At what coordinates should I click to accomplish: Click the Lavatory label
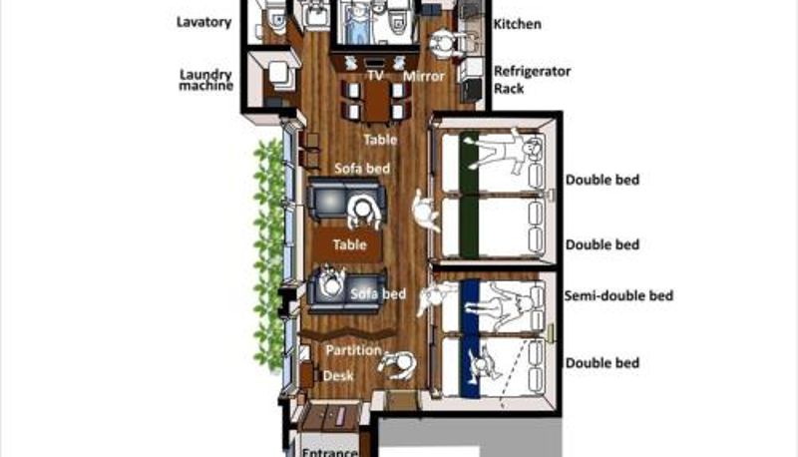point(204,22)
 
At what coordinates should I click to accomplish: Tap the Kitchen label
point(517,24)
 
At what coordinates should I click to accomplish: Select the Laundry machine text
point(206,80)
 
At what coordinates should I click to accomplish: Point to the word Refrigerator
point(532,71)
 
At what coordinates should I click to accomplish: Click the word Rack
point(509,89)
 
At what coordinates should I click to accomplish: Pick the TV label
point(376,76)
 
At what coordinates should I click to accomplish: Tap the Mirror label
point(424,77)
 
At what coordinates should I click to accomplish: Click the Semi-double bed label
point(618,295)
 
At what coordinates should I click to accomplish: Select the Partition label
point(353,350)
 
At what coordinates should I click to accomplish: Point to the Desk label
point(338,375)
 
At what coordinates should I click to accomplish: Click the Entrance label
point(330,452)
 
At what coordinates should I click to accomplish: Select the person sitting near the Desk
point(398,365)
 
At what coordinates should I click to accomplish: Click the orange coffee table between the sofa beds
point(347,244)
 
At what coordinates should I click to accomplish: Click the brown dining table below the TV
point(377,103)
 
